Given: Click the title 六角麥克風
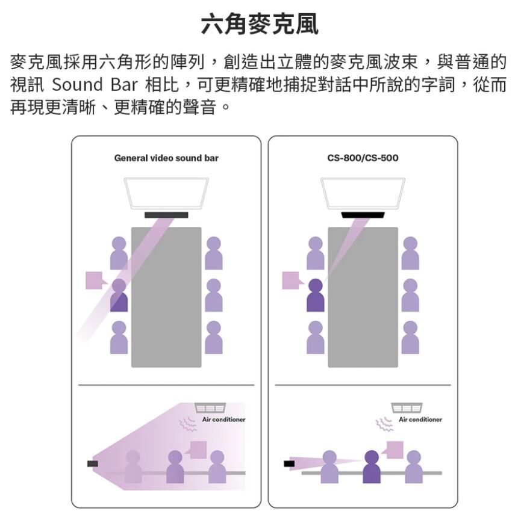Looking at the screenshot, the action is (x=259, y=25).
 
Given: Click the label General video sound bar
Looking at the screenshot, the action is (x=166, y=158).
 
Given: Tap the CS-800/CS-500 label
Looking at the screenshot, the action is (x=363, y=158).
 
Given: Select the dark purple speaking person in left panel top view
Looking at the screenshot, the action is (x=119, y=296).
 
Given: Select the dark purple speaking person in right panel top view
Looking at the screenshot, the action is (x=315, y=296).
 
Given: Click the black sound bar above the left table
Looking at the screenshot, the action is (x=166, y=215).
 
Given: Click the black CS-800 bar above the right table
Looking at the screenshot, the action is (x=363, y=215).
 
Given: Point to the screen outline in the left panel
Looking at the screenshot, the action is (x=166, y=193).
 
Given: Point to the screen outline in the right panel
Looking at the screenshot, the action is (x=363, y=193).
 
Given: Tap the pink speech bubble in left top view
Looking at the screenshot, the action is (x=95, y=280).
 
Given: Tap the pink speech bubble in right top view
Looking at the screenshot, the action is (x=291, y=280).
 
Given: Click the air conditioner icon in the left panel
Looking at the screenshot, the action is (x=210, y=407).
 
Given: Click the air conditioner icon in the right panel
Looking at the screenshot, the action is (x=407, y=407).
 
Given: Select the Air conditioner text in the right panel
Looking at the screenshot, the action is (x=420, y=419).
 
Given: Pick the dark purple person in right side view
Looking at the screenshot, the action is (x=372, y=467).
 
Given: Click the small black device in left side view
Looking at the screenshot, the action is (x=92, y=463).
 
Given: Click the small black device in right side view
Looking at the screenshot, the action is (x=289, y=463).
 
